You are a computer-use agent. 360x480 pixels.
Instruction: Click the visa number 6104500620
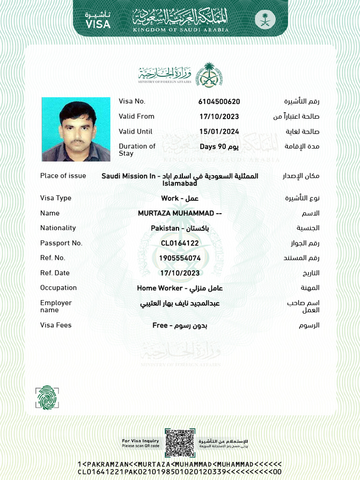click(219, 102)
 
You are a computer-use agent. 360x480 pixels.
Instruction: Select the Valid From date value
click(219, 117)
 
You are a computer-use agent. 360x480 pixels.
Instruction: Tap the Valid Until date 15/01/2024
click(219, 132)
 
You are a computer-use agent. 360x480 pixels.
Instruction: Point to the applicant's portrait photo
click(76, 129)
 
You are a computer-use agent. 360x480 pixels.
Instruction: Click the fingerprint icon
click(47, 397)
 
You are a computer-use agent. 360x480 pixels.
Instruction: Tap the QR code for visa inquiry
click(180, 443)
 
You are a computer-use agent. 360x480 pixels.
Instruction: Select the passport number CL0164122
click(180, 243)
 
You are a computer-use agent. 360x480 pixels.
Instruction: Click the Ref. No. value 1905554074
click(180, 258)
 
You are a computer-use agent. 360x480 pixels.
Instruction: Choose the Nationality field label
click(58, 228)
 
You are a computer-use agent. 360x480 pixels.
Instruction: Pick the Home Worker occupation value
click(180, 288)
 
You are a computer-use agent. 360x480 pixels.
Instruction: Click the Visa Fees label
click(56, 325)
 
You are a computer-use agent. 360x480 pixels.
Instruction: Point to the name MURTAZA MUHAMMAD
click(180, 213)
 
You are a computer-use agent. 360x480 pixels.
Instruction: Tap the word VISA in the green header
click(98, 24)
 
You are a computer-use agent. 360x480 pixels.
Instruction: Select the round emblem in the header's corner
click(262, 20)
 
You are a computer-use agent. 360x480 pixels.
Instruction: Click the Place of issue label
click(63, 176)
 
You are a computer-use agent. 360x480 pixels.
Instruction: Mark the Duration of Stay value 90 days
click(219, 147)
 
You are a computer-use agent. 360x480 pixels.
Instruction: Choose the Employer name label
click(56, 307)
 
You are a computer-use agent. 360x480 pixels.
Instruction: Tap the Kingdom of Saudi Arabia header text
click(180, 30)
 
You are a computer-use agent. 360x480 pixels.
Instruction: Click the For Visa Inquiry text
click(141, 441)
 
